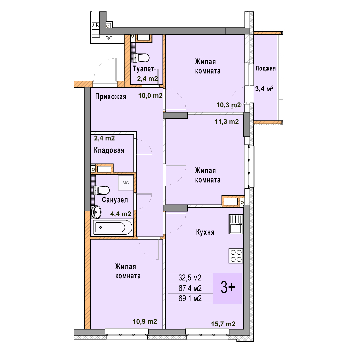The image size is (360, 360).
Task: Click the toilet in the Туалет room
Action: (141, 58)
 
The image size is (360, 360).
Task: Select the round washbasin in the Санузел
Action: (96, 212)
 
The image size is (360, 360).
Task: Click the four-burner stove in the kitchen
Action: (236, 256)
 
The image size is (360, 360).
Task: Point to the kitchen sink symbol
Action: (236, 224)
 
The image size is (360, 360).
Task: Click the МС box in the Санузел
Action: (126, 183)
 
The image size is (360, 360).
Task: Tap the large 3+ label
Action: (228, 288)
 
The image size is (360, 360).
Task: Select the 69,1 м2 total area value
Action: (190, 298)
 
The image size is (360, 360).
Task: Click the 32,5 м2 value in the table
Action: (190, 278)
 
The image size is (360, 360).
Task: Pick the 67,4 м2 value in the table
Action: (190, 288)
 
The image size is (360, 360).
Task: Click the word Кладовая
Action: (109, 150)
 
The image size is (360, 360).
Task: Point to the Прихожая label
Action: (111, 97)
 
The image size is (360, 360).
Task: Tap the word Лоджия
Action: (265, 68)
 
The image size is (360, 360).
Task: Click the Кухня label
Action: (205, 232)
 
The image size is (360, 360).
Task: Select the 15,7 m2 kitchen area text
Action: (223, 324)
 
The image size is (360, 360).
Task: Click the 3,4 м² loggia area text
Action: (264, 89)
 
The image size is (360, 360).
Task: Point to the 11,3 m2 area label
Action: (227, 121)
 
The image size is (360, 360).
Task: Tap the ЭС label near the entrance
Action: (109, 38)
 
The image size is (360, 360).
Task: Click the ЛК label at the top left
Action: (96, 25)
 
